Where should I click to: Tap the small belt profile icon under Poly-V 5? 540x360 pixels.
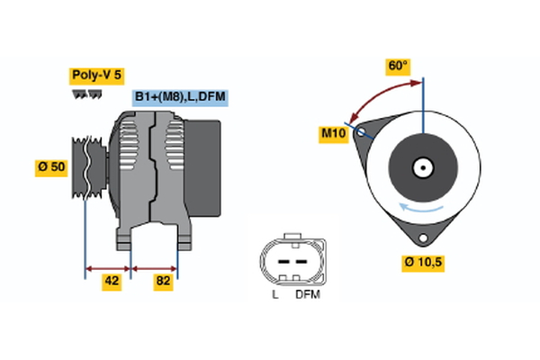pyautogui.click(x=86, y=93)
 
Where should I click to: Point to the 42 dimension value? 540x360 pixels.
pyautogui.click(x=111, y=282)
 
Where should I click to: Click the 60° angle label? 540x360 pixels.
pyautogui.click(x=396, y=67)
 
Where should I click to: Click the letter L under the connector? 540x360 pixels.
pyautogui.click(x=274, y=294)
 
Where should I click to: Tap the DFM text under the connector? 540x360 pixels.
pyautogui.click(x=307, y=294)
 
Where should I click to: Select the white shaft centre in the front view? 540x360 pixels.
pyautogui.click(x=421, y=167)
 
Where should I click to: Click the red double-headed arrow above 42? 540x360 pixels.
pyautogui.click(x=108, y=267)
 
